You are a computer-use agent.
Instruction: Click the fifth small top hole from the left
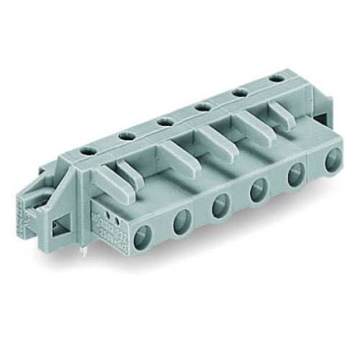(x=239, y=91)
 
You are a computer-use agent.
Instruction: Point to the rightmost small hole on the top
(x=275, y=77)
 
